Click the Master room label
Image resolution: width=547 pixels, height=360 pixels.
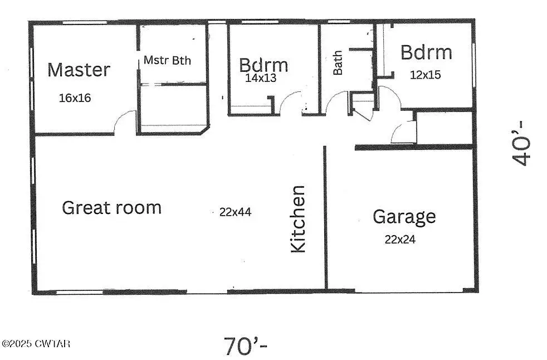79,70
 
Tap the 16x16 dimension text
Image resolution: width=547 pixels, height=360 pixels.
75,98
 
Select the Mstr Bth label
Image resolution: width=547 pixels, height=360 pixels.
167,60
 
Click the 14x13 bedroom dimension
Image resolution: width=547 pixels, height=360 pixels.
261,78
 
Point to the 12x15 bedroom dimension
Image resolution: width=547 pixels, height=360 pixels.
425,74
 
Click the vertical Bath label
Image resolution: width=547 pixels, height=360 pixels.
338,63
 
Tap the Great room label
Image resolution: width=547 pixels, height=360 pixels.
111,208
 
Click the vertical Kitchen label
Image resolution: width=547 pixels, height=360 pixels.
299,219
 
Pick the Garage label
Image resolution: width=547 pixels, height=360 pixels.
404,216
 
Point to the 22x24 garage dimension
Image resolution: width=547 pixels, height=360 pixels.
400,240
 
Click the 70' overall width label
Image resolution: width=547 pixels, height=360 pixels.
245,346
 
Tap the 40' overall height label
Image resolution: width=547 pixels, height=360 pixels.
522,143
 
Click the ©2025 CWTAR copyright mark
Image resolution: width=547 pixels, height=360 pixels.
36,344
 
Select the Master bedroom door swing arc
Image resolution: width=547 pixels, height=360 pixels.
125,122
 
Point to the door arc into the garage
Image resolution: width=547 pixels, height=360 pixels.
403,133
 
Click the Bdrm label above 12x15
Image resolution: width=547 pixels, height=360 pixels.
426,52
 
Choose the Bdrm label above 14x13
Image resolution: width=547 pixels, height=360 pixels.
263,65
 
